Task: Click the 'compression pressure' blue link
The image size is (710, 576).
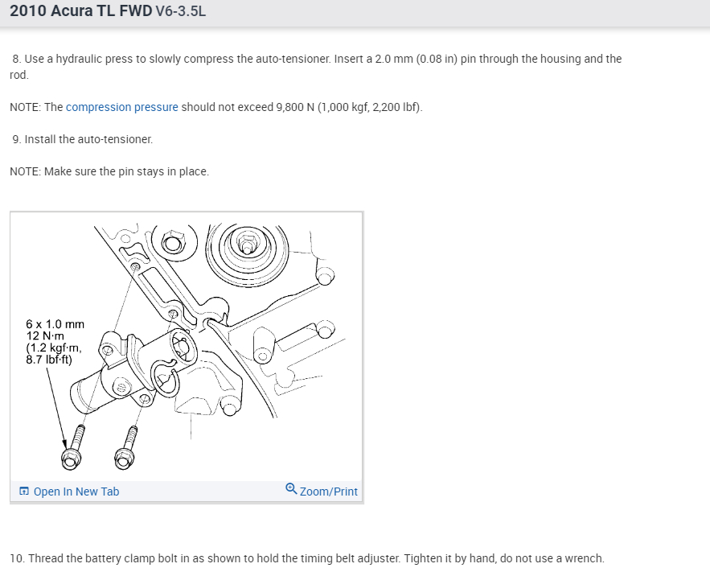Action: tap(122, 107)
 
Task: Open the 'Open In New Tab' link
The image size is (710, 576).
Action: tap(76, 492)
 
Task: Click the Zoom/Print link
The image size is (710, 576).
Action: tap(328, 492)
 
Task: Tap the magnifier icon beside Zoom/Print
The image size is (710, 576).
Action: tap(292, 489)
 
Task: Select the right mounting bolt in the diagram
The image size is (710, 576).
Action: tap(125, 447)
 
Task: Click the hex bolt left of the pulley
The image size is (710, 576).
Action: tap(175, 242)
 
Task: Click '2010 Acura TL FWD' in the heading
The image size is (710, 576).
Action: tap(81, 13)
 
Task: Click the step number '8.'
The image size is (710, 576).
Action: tap(17, 60)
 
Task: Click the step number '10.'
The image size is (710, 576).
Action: tap(17, 558)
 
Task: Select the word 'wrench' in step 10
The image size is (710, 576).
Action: tap(583, 558)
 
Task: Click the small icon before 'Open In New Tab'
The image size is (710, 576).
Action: tap(24, 492)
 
